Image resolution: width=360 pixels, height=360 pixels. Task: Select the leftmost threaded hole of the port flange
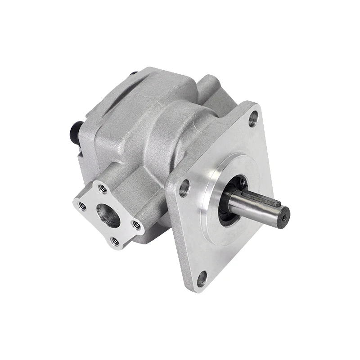pyautogui.click(x=82, y=207)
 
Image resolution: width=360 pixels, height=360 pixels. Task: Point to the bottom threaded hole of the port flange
pyautogui.click(x=115, y=241)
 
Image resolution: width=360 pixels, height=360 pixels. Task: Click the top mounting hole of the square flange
pyautogui.click(x=253, y=118)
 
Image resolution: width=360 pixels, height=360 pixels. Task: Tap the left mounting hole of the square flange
pyautogui.click(x=184, y=188)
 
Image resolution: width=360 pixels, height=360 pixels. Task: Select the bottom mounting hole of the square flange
pyautogui.click(x=202, y=279)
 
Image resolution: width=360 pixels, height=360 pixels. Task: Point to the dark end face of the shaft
pyautogui.click(x=284, y=217)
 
